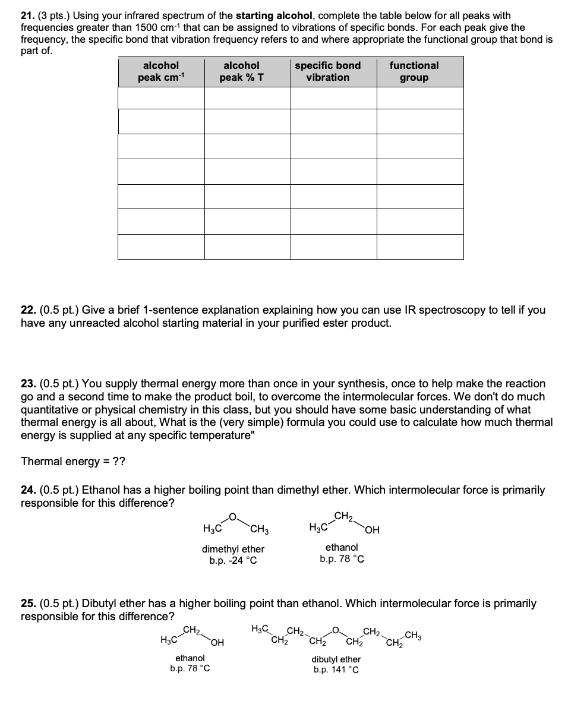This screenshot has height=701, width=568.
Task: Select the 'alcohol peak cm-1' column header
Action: pos(161,71)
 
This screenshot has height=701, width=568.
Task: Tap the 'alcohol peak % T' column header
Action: pos(241,71)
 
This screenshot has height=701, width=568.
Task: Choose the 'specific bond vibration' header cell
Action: pos(328,71)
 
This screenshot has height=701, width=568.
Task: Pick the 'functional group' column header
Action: pos(414,71)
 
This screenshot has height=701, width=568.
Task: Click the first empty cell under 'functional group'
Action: pos(420,98)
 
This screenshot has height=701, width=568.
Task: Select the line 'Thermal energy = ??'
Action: pos(73,462)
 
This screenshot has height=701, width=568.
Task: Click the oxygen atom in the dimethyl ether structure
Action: pos(233,516)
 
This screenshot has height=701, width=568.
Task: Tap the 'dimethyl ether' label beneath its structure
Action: pos(233,549)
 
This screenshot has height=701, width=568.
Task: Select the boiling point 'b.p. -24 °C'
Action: pos(233,560)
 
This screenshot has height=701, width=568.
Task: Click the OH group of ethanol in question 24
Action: pos(373,530)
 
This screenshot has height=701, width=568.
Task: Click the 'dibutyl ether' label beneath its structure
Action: pos(336,659)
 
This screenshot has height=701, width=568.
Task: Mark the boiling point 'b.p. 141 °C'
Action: pos(336,670)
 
